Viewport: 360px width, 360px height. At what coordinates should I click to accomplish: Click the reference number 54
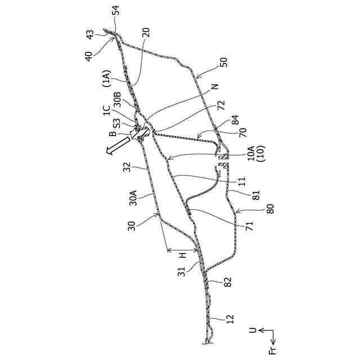tap(115, 11)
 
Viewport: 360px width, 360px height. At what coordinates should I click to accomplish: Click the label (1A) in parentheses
tap(107, 82)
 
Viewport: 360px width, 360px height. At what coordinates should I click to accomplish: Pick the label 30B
tap(117, 100)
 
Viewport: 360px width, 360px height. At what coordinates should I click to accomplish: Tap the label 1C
tap(107, 111)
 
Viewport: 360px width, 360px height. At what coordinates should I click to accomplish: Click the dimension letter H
tap(183, 255)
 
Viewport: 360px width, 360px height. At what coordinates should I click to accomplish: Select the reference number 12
tap(230, 319)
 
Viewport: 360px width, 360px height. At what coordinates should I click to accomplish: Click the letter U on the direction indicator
tap(253, 331)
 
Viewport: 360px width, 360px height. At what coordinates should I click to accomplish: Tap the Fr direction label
tap(273, 351)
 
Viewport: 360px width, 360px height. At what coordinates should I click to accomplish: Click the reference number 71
tap(249, 226)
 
